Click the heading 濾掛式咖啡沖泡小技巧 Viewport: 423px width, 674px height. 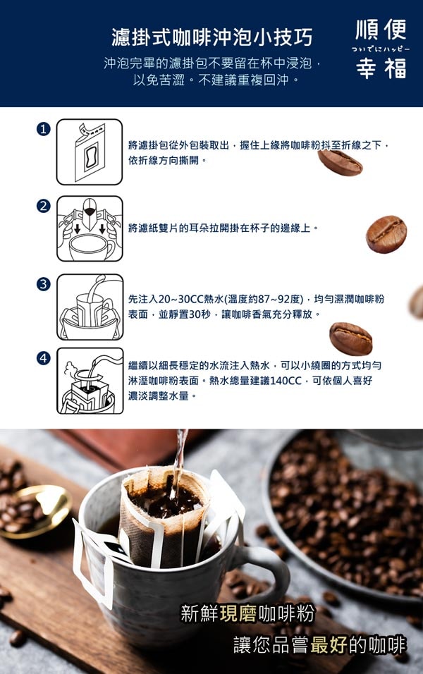click(x=211, y=37)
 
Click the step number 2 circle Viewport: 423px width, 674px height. click(x=44, y=206)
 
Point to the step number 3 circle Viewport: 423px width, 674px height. click(x=44, y=283)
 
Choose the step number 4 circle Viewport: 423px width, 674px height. click(x=44, y=358)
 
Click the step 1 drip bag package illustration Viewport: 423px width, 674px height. click(x=90, y=151)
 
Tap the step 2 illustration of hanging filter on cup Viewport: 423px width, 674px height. click(x=90, y=228)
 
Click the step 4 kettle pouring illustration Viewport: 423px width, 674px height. click(x=90, y=381)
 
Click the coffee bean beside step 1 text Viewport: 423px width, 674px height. click(x=340, y=162)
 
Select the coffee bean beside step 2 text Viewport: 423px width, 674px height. click(x=386, y=234)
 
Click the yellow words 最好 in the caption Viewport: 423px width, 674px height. click(x=327, y=644)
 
